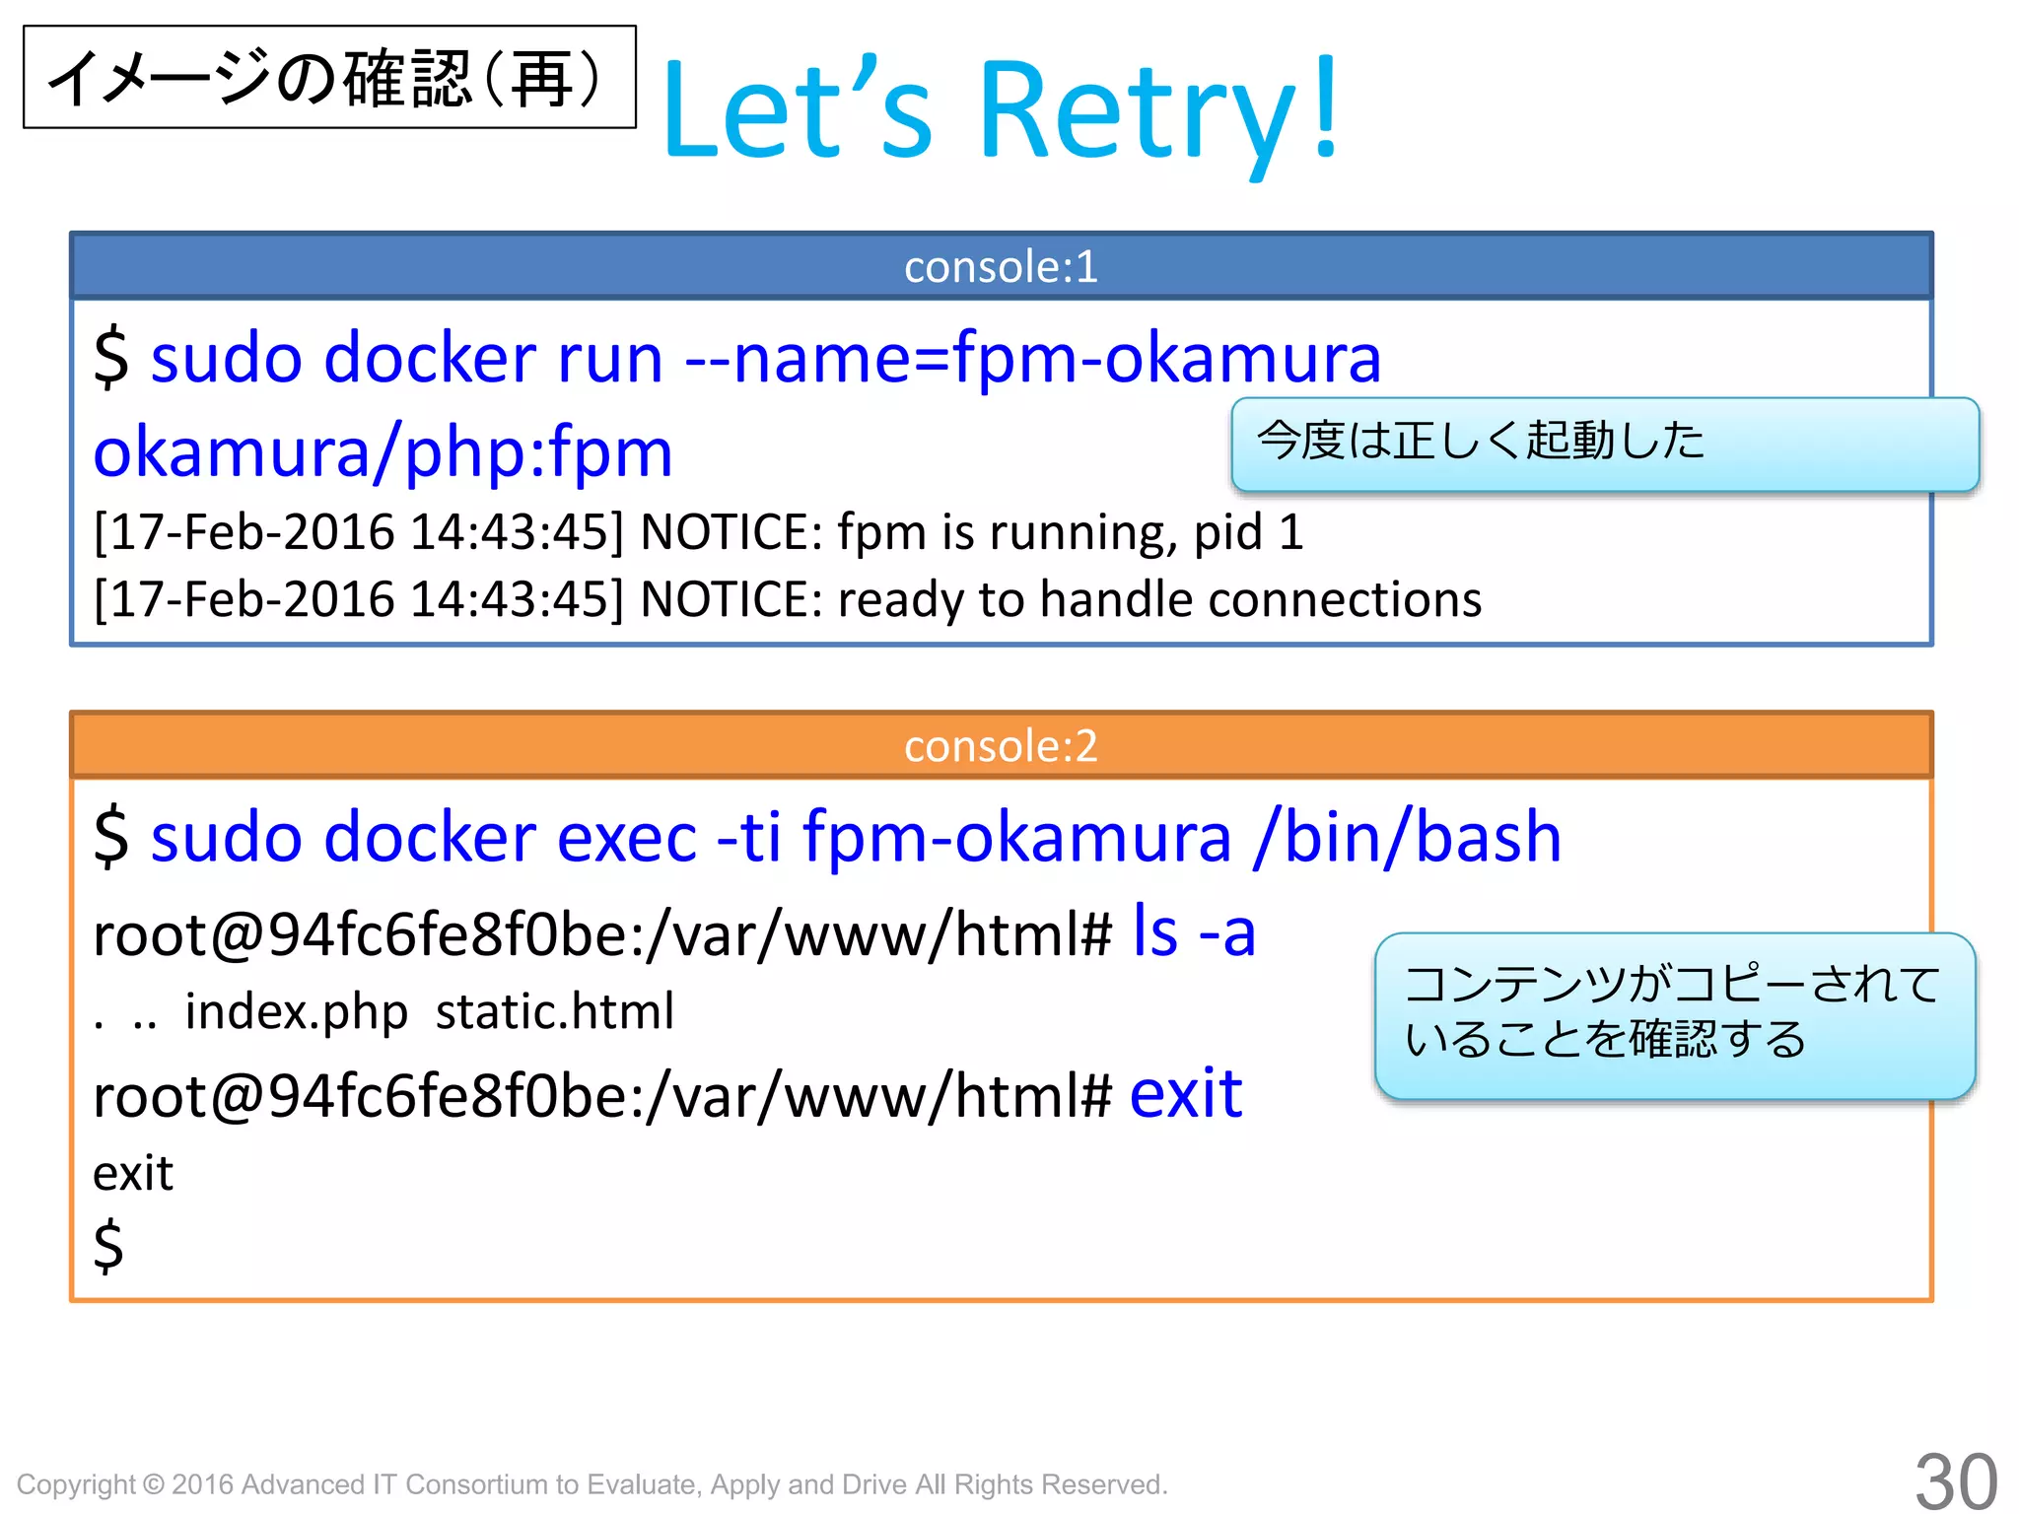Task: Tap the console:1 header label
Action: (x=1001, y=266)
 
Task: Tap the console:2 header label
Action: (x=1001, y=746)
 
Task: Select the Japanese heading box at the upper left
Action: (x=329, y=77)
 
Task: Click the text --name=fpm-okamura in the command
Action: (x=1032, y=357)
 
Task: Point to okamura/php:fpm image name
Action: (x=383, y=452)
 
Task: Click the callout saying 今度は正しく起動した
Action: (x=1604, y=444)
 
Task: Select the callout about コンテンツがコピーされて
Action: (x=1674, y=1014)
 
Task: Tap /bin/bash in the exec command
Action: (x=1408, y=837)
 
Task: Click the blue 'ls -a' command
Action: (x=1194, y=931)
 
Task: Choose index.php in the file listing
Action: (x=296, y=1011)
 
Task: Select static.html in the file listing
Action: (x=555, y=1011)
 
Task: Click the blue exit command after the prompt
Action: (x=1185, y=1093)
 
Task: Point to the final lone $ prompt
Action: (x=108, y=1245)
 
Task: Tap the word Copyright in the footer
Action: (x=76, y=1484)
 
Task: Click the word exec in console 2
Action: (x=626, y=837)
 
